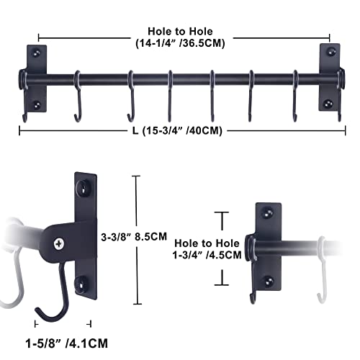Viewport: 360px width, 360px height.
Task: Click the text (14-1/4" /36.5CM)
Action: click(x=184, y=42)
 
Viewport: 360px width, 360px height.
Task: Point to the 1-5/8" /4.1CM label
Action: click(x=63, y=345)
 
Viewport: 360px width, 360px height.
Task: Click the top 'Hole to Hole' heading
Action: click(x=184, y=30)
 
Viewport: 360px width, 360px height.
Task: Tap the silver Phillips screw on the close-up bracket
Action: click(x=62, y=243)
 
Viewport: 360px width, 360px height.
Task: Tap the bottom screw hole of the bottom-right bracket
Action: click(x=267, y=280)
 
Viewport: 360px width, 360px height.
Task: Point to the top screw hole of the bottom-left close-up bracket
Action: click(x=85, y=189)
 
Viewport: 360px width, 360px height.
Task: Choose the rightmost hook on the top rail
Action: click(x=295, y=101)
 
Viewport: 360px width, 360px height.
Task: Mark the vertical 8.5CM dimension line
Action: click(x=137, y=234)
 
